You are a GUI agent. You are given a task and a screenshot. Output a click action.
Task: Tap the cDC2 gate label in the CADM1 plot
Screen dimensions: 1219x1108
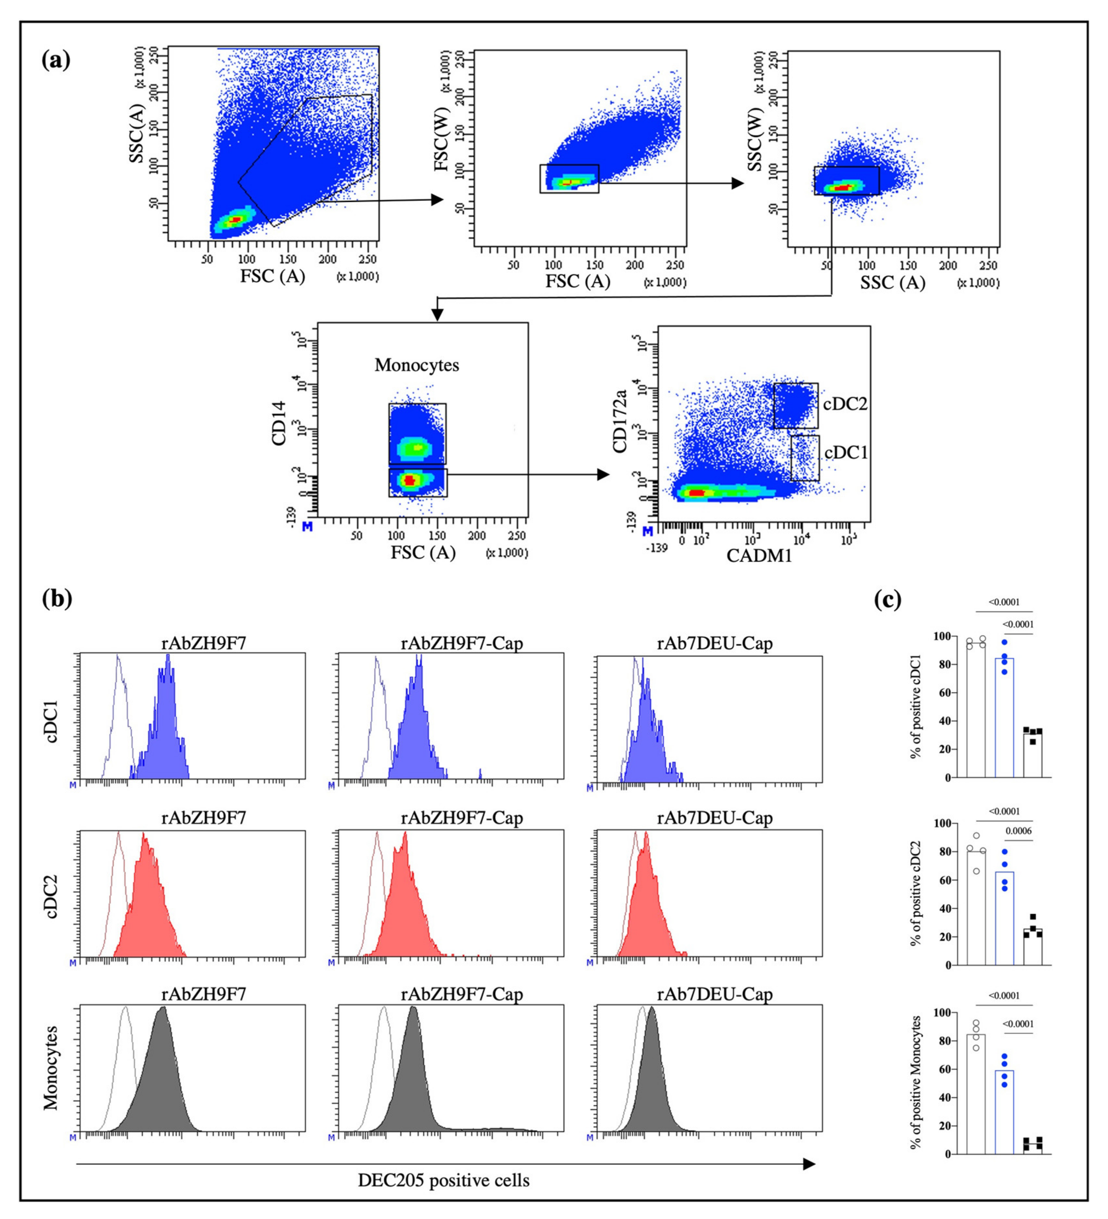[845, 404]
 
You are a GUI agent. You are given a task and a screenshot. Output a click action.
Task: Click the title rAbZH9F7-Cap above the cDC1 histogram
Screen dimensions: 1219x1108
[462, 643]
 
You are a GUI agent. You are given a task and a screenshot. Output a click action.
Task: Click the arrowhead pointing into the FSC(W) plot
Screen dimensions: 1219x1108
[437, 200]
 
